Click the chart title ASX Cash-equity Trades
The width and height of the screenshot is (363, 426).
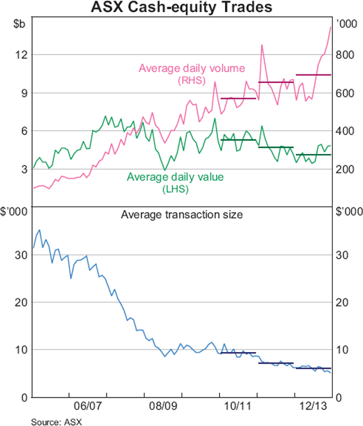click(x=181, y=8)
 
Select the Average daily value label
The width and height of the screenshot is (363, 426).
click(x=175, y=178)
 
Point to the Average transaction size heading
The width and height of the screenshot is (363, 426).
click(x=181, y=214)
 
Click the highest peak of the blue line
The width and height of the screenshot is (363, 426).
click(x=39, y=230)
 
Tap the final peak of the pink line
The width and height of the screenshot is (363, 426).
click(x=330, y=27)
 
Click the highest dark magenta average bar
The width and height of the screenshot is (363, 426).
click(x=313, y=75)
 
